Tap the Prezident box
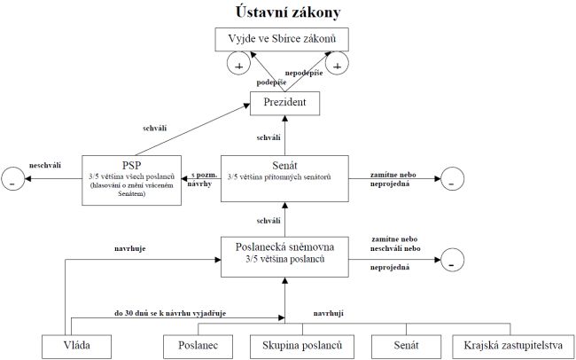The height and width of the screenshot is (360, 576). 285,105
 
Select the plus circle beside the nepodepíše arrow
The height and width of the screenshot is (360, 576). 337,63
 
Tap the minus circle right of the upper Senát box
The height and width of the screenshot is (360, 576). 450,180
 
